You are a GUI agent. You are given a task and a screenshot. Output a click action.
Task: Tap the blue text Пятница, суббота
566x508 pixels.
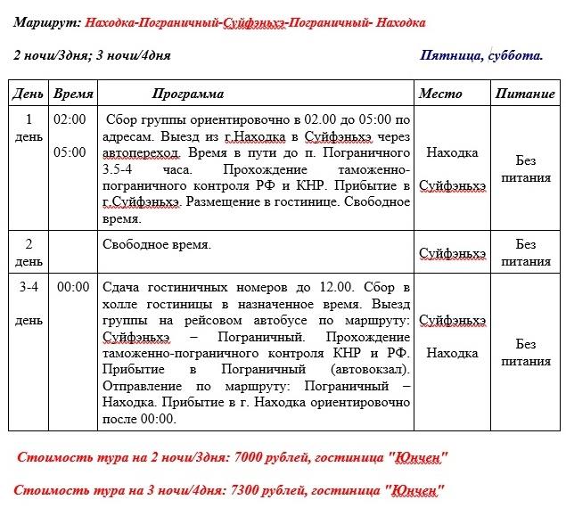481,55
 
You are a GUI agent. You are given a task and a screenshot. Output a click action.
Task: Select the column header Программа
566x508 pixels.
187,94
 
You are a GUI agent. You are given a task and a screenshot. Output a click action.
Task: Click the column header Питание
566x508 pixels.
525,94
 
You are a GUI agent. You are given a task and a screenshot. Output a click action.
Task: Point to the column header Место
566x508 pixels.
440,94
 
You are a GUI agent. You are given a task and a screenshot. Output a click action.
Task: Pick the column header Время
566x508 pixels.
73,94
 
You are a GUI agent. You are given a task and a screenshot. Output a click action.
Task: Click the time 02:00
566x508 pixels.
70,119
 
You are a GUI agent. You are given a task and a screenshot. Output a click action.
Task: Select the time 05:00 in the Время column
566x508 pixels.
70,152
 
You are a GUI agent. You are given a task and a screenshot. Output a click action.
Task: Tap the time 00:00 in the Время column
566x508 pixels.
73,287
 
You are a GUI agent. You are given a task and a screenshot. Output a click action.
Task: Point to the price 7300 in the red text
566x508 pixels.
249,490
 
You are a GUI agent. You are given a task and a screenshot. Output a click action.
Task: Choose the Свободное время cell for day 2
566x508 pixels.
157,245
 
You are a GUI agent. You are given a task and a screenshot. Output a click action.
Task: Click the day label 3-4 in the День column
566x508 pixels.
29,287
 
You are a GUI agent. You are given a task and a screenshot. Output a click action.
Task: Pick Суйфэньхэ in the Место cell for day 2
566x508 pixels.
452,253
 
